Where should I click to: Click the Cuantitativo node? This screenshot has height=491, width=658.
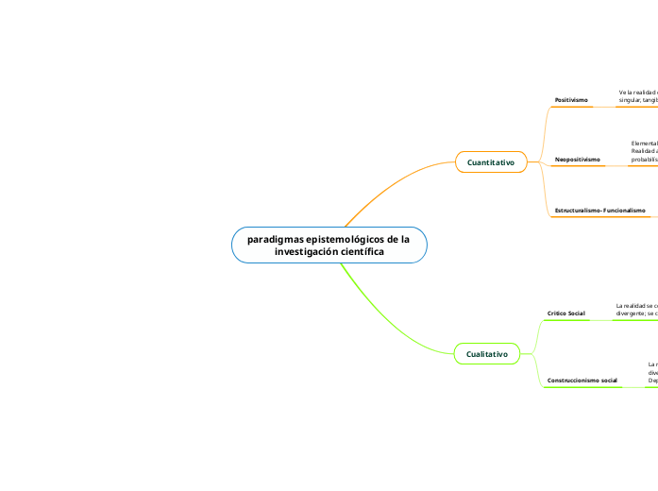491,162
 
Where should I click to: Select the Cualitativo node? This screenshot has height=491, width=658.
487,354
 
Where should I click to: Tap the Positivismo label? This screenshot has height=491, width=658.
571,99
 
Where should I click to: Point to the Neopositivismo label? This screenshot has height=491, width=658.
577,160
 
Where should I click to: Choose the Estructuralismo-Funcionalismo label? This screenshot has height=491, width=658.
599,210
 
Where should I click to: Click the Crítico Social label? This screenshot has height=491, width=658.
565,313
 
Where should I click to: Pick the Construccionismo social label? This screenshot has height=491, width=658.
582,381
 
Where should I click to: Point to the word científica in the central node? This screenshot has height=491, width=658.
364,252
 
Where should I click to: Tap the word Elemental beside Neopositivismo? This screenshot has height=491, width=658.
644,143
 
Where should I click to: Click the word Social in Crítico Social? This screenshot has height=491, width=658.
576,313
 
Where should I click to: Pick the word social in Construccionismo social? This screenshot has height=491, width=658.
608,381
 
